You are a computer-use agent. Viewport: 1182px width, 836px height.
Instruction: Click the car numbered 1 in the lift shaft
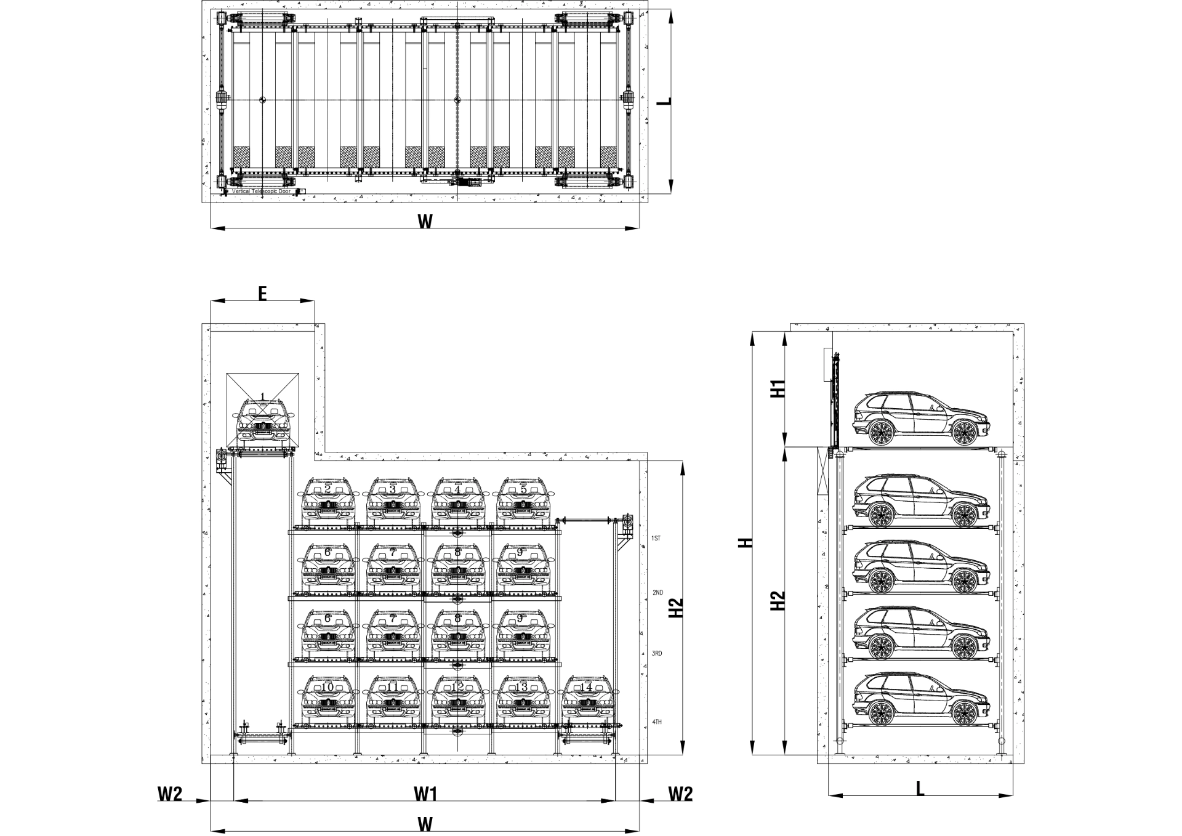tap(263, 420)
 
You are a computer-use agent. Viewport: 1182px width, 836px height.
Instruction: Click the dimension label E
tap(262, 294)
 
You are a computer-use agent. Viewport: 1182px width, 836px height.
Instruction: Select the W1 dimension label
tap(425, 794)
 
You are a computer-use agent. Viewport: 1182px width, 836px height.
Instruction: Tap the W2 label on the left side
tap(170, 794)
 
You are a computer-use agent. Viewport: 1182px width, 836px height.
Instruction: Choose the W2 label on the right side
tap(680, 794)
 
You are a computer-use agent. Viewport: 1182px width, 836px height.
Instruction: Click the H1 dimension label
tap(778, 389)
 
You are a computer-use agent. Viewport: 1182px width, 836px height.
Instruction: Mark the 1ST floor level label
tap(656, 539)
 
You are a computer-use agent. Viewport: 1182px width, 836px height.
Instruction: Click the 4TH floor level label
tap(657, 721)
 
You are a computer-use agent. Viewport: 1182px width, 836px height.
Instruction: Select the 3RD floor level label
tap(657, 654)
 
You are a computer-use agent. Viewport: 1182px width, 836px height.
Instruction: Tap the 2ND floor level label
tap(657, 593)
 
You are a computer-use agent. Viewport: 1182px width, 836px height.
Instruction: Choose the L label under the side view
tap(920, 789)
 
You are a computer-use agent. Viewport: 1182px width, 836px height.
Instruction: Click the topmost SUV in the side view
tap(922, 419)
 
